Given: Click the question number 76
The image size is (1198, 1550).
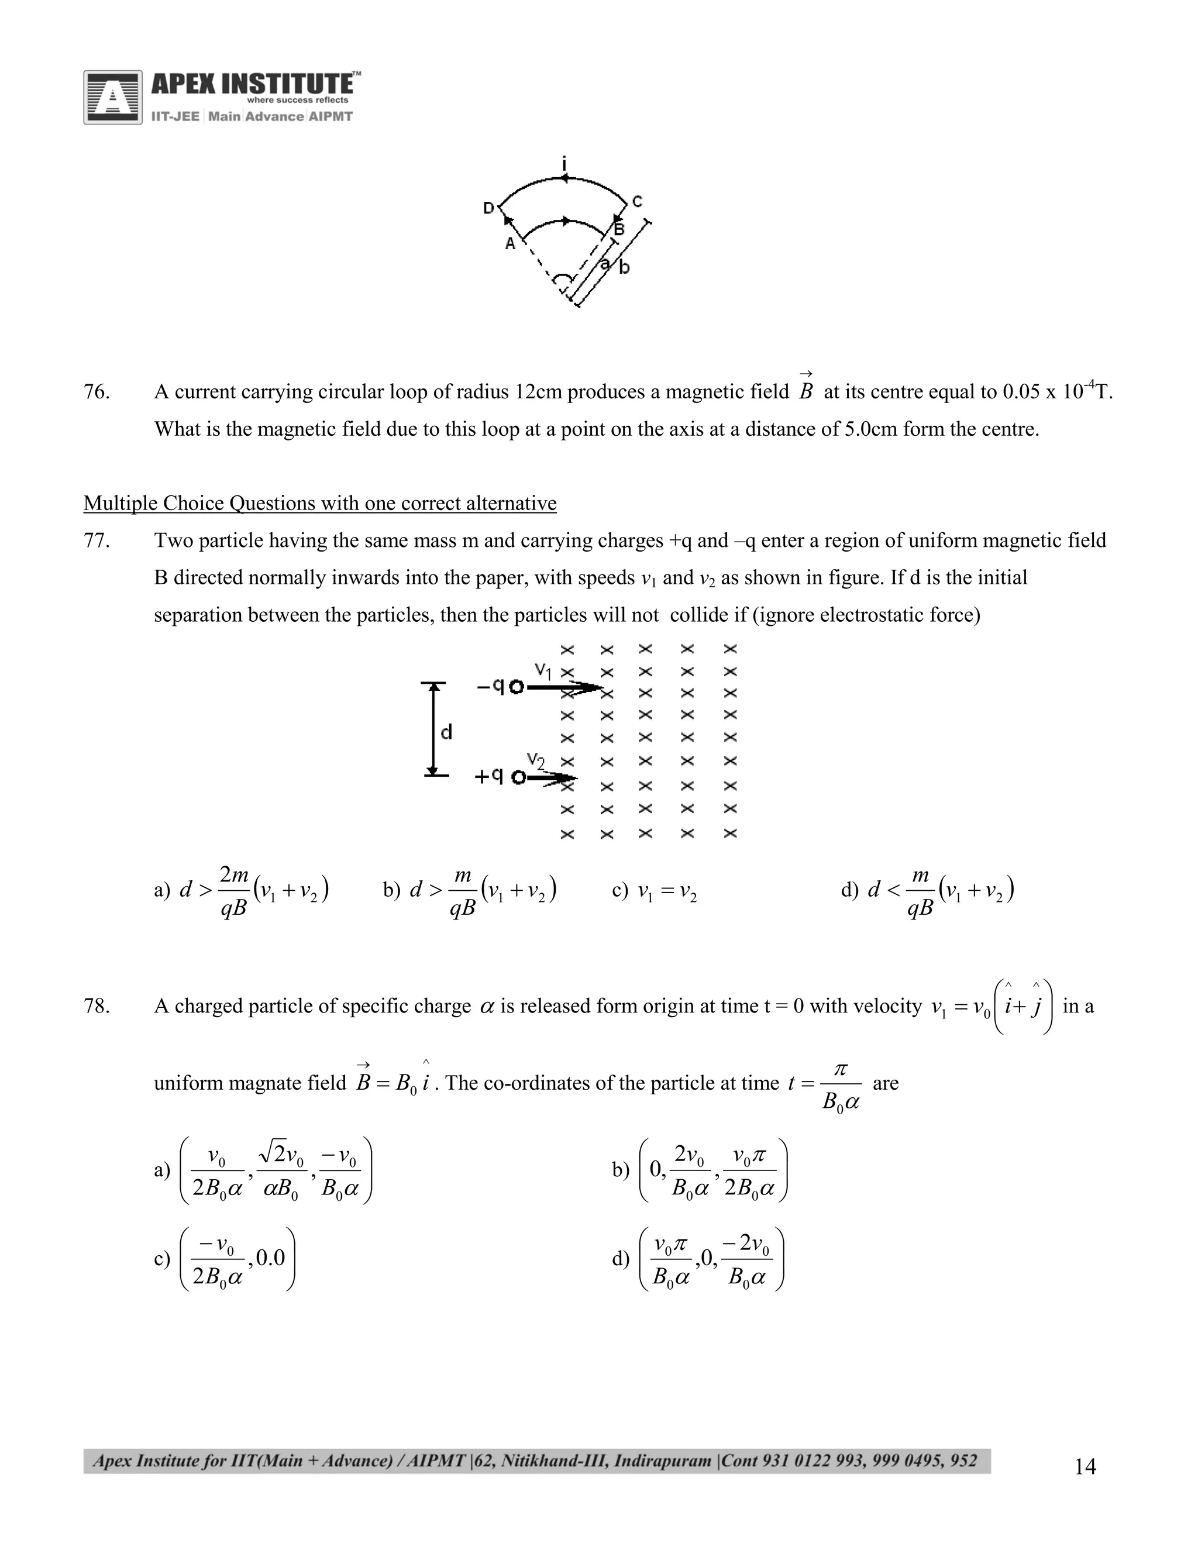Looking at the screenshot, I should click(97, 392).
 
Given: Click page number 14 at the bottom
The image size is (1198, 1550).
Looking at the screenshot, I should click(1085, 1466).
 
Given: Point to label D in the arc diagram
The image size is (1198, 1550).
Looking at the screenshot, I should click(489, 208).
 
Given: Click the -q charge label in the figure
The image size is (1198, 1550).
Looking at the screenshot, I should click(491, 686).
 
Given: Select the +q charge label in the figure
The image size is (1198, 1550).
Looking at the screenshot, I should click(490, 776).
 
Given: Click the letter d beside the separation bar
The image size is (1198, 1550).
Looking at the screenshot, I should click(446, 732).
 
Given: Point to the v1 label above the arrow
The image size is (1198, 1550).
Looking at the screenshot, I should click(543, 669).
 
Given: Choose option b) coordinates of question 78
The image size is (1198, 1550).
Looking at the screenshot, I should click(712, 1169).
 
